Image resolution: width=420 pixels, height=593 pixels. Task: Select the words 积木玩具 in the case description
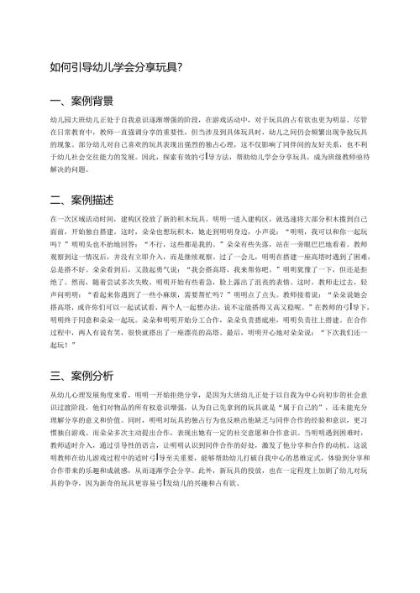(181, 216)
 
